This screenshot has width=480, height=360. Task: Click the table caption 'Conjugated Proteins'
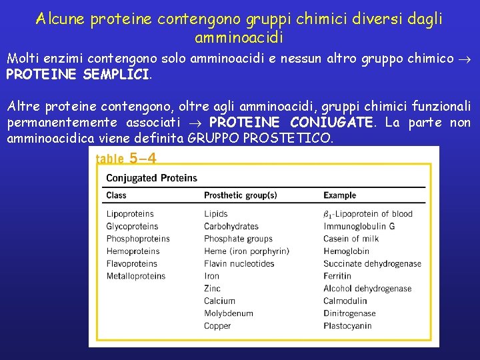point(152,178)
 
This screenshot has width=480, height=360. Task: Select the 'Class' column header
point(117,195)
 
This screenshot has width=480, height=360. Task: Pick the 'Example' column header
point(340,195)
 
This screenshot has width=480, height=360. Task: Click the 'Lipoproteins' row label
point(130,214)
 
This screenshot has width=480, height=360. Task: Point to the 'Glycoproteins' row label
point(132,227)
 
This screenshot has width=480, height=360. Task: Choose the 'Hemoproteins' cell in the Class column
point(133,251)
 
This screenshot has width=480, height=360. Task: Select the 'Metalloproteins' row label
point(136,276)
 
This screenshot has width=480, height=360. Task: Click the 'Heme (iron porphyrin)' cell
point(247,251)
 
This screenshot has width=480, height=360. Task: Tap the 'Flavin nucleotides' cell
point(239,264)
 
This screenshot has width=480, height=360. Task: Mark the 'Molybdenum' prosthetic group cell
point(229,313)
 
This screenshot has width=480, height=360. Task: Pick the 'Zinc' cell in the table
point(213,289)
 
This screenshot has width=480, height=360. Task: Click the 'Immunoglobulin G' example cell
point(359,227)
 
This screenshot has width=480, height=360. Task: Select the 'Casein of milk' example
point(351,239)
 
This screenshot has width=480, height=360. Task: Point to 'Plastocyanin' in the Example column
point(347,326)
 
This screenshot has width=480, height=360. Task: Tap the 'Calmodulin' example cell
point(345,301)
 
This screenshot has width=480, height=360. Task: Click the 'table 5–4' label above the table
point(127,159)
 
